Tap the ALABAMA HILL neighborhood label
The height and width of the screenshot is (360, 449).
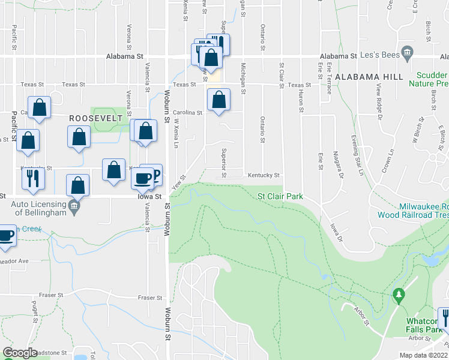tap(369, 77)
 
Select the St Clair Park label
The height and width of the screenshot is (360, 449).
tap(280, 196)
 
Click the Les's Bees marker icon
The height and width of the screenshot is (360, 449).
tap(408, 54)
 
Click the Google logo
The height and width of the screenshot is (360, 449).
tap(20, 353)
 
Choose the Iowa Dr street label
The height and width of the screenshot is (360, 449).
tap(335, 232)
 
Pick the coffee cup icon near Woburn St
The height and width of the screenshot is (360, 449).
tap(143, 179)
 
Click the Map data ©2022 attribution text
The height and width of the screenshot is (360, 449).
tap(423, 355)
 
